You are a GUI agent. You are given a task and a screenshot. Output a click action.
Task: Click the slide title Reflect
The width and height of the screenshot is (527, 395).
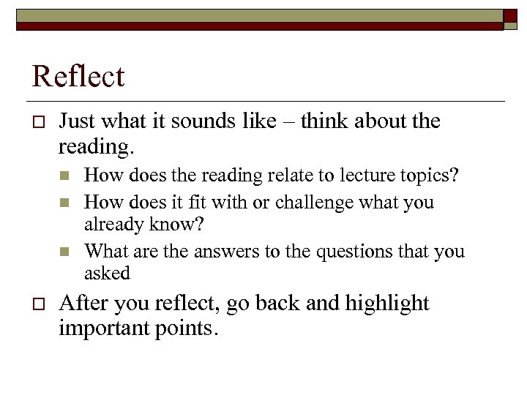(78, 77)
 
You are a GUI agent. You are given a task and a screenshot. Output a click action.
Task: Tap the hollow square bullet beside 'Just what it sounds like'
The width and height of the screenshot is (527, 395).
(38, 121)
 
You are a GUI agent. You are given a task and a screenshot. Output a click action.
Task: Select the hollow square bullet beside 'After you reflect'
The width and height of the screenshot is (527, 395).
(38, 304)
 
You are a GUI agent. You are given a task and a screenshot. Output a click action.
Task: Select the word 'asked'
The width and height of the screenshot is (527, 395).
(107, 273)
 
